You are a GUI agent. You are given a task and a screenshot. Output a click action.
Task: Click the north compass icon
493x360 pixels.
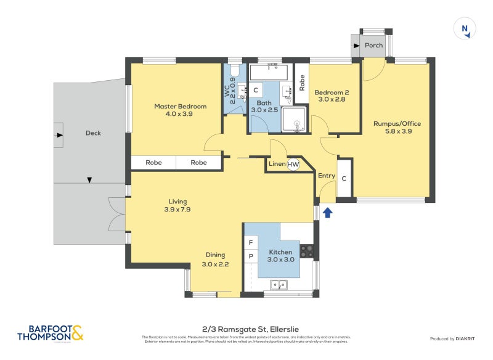[465, 28]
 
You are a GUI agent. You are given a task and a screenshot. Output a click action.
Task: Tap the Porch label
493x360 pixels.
[373, 45]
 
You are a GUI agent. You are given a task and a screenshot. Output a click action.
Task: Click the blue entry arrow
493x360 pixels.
[328, 213]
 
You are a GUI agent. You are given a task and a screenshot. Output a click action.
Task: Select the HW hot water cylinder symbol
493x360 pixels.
[293, 164]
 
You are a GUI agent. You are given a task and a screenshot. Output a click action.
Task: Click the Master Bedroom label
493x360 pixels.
[180, 107]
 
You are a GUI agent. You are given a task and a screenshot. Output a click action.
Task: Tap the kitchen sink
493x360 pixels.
[279, 285]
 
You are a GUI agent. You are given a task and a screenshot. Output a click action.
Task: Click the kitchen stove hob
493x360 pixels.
[307, 252]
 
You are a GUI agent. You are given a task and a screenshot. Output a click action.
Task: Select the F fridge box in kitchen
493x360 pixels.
[251, 242]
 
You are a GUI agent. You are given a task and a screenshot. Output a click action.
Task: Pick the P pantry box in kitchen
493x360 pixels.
[251, 256]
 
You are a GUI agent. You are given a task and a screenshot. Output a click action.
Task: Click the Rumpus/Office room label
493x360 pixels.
[397, 123]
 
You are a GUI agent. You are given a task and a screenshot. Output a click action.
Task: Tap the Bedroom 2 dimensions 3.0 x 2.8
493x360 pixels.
[332, 99]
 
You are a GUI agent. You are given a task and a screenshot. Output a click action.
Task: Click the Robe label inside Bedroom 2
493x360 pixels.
[302, 82]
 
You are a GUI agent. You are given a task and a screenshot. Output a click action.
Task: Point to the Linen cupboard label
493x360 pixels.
[276, 164]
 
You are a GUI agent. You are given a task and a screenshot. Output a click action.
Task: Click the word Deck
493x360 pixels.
[93, 133]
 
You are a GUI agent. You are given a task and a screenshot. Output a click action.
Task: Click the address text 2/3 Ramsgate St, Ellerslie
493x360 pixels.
[246, 329]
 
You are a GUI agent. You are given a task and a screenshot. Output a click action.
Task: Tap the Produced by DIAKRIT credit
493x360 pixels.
[452, 338]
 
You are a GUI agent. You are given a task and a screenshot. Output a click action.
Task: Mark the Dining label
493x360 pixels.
[215, 255]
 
